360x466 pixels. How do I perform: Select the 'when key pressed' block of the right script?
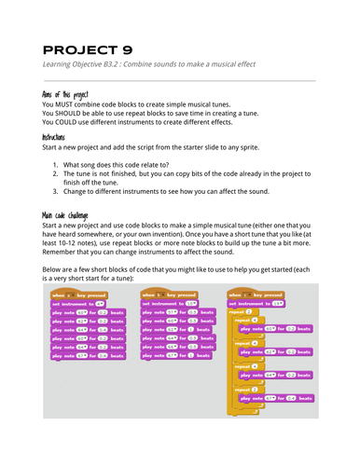pos(257,293)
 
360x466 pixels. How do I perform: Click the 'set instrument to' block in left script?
pos(78,303)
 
